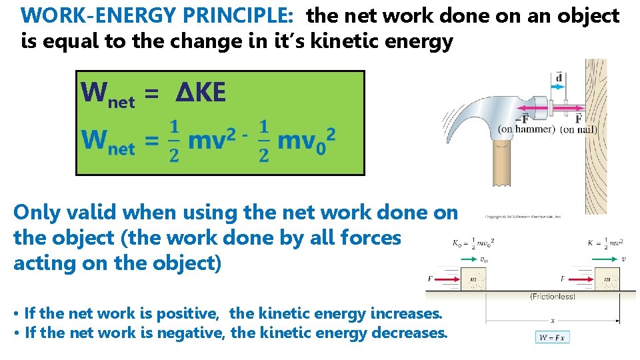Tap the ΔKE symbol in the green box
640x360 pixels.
click(x=201, y=93)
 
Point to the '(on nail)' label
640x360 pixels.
click(x=578, y=129)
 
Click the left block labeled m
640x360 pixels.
click(x=473, y=279)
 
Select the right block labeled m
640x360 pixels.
click(x=607, y=279)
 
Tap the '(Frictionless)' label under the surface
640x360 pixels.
click(x=552, y=297)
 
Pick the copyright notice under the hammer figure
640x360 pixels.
click(x=523, y=217)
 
